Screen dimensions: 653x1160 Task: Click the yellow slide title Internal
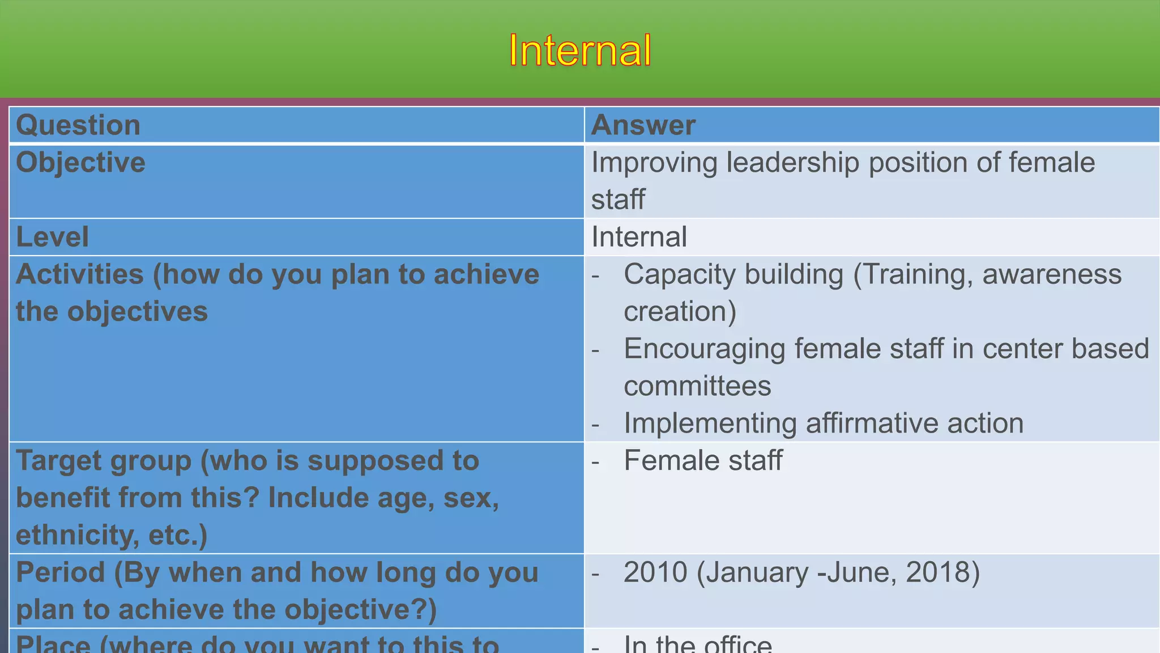(x=580, y=50)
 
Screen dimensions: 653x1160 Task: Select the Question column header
(x=78, y=125)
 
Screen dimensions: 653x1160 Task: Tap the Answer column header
(x=643, y=125)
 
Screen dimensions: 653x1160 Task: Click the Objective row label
(x=80, y=163)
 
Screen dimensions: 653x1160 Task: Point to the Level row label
(x=52, y=237)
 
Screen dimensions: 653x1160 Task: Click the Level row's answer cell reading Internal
(x=639, y=237)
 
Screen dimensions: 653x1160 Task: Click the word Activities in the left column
(x=79, y=275)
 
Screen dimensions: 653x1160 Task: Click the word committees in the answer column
(x=697, y=387)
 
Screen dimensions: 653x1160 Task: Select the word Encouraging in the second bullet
(x=704, y=349)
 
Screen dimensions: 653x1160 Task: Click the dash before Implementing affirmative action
(x=595, y=425)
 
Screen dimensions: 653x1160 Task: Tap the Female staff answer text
(x=703, y=460)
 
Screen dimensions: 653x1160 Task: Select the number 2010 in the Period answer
(x=655, y=573)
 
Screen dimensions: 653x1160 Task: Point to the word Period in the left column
(x=61, y=573)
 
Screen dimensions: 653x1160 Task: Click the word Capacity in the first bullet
(x=677, y=275)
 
